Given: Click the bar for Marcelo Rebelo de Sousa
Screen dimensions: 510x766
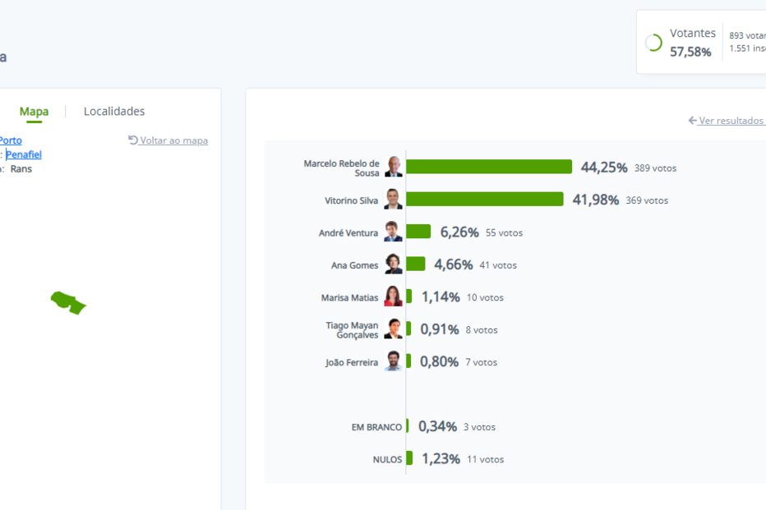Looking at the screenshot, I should (488, 167).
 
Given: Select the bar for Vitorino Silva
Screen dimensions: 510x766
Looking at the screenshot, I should (484, 199).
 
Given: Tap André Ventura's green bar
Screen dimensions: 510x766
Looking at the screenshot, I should (418, 232).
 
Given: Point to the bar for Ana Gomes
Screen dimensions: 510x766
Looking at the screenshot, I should (415, 264).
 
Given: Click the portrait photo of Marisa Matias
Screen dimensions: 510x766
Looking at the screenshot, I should (393, 296).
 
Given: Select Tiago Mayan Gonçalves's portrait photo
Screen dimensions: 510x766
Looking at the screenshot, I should (393, 329).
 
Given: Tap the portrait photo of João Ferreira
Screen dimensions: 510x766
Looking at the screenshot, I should (393, 361).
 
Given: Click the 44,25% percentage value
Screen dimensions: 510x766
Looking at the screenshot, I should (604, 168).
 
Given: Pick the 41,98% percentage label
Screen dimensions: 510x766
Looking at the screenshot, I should (595, 200).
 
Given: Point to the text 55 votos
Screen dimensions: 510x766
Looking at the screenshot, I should (504, 233).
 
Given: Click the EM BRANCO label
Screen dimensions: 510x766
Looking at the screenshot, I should (376, 427).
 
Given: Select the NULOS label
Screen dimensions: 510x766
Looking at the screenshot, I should (387, 460).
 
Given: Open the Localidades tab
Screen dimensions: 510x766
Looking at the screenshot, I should (114, 112).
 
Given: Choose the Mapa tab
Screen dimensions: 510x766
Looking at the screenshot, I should (34, 112).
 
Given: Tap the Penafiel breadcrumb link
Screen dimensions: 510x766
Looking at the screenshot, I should (24, 154).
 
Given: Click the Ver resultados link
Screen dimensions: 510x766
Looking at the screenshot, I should (731, 121).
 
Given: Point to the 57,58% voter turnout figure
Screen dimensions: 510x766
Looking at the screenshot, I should (690, 52).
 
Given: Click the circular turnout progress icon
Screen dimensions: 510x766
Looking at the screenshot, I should (654, 43).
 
